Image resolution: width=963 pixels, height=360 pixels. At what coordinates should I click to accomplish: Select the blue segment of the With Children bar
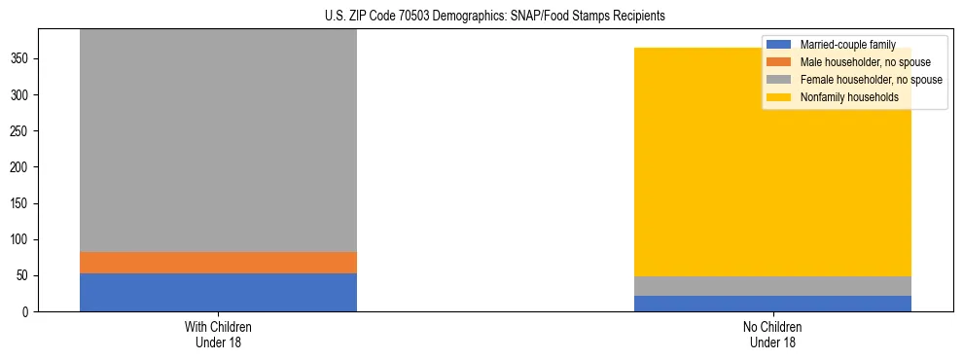coord(218,293)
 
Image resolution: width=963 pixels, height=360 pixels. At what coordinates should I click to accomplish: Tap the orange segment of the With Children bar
coord(218,263)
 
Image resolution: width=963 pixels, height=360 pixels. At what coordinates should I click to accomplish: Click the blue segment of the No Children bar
coord(772,304)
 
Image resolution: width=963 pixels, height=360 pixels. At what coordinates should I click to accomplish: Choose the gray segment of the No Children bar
coord(772,286)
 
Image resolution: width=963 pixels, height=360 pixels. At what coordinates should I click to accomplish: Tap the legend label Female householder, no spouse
coord(871,80)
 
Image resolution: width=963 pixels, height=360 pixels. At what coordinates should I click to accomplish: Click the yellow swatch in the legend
coord(779,97)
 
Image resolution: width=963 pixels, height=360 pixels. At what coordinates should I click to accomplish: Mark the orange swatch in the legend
coord(779,62)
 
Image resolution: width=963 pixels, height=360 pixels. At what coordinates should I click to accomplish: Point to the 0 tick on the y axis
coord(27,312)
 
